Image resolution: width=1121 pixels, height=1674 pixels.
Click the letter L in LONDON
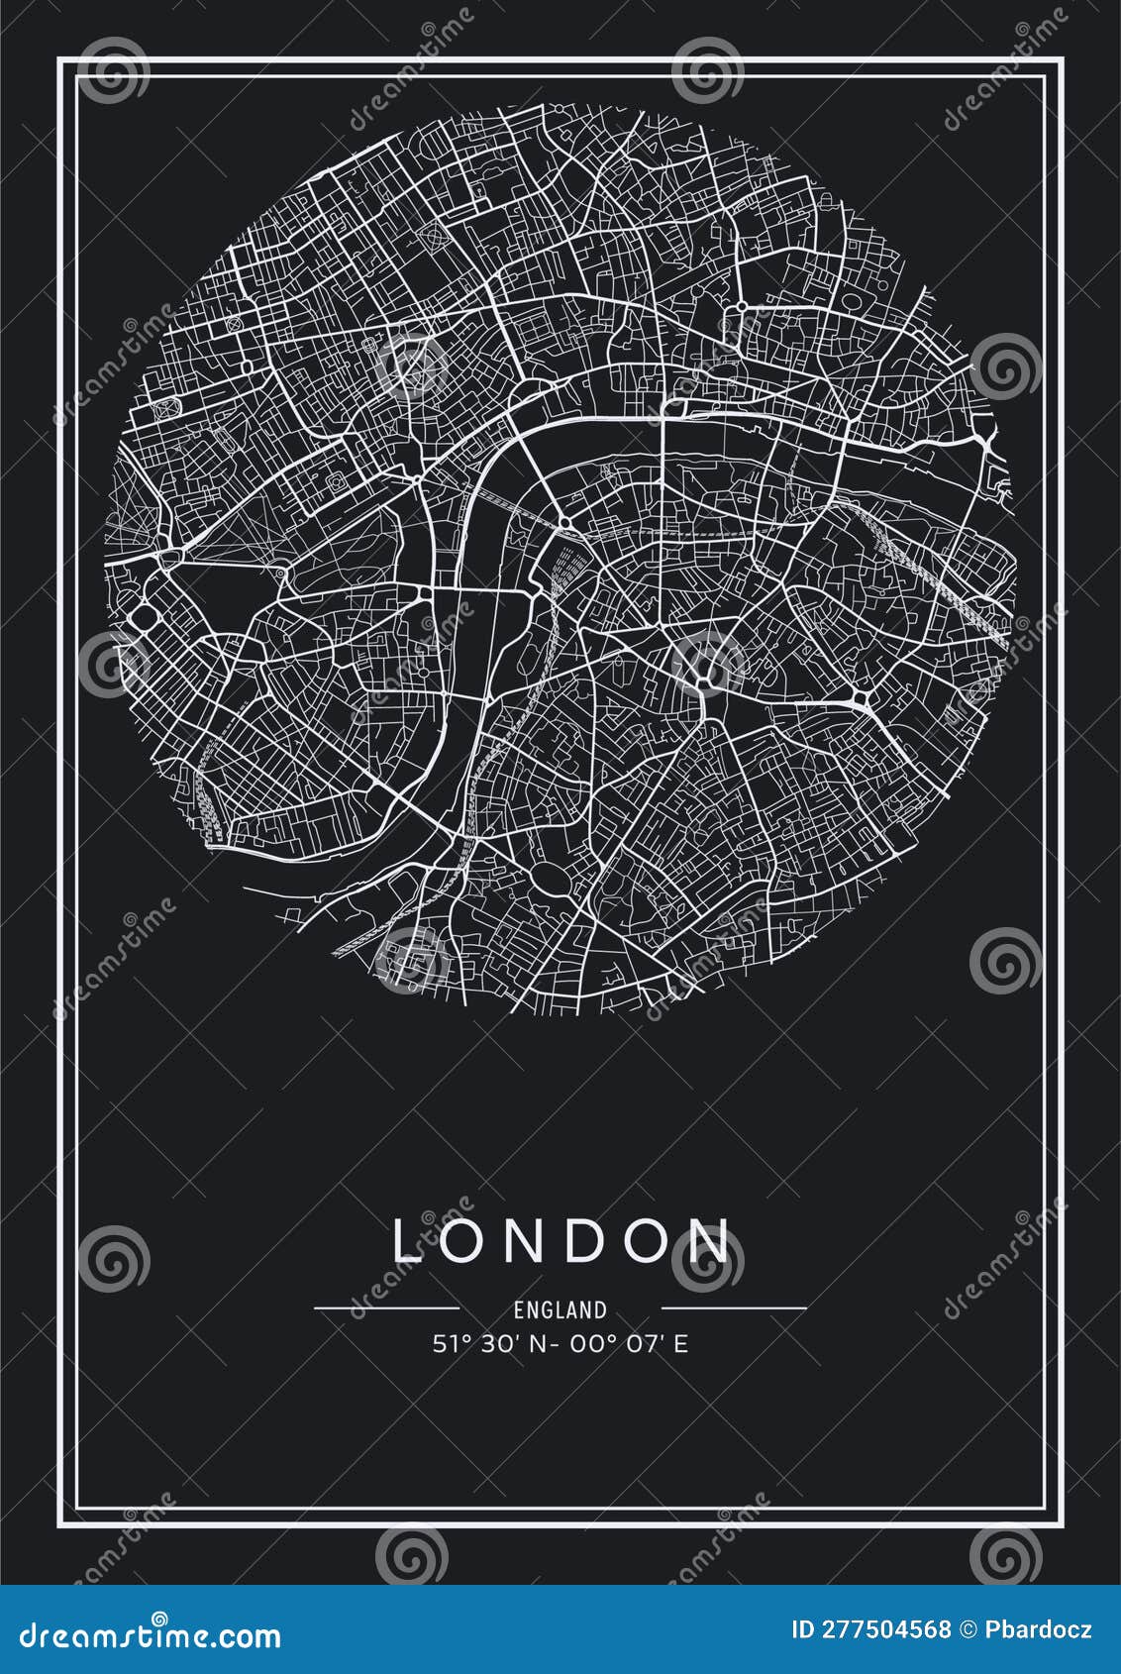click(x=408, y=1240)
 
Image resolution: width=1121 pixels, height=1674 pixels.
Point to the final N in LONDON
click(x=710, y=1240)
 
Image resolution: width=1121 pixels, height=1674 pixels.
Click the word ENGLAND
click(x=560, y=1309)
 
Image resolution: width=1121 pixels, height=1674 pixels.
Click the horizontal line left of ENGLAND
click(x=386, y=1308)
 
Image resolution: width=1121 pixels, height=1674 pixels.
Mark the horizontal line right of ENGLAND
click(x=733, y=1308)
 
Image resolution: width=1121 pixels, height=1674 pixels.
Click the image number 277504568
click(x=885, y=1629)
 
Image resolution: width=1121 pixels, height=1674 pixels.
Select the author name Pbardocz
click(x=1040, y=1629)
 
